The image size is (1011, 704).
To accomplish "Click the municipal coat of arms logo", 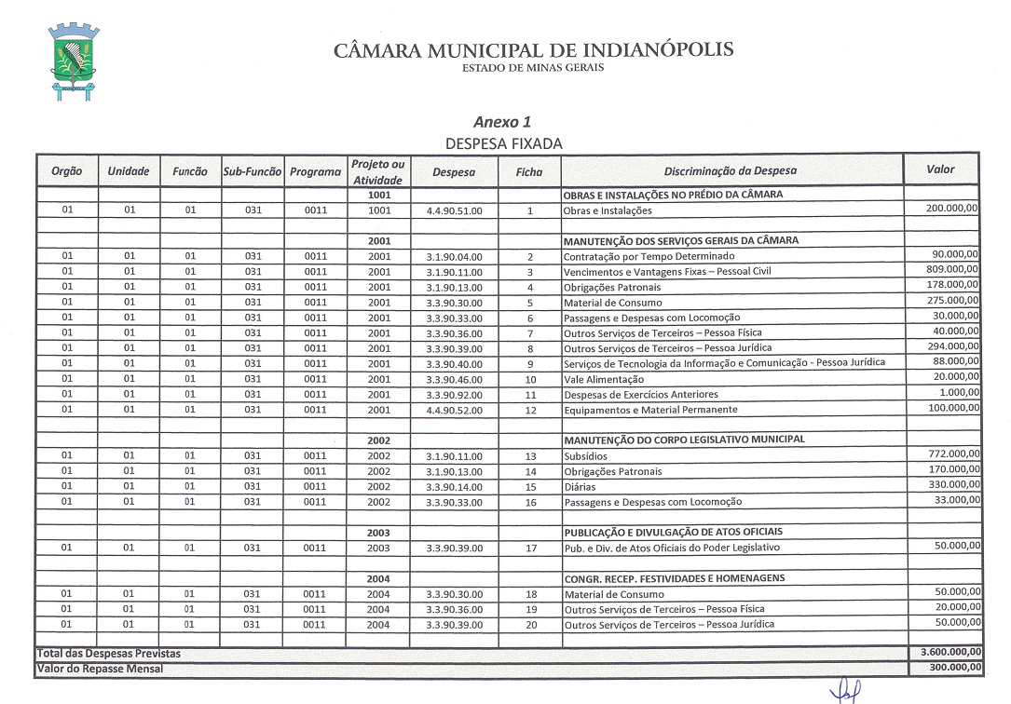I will [x=75, y=61].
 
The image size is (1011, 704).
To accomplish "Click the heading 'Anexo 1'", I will [x=502, y=122].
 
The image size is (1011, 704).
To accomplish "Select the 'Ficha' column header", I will [x=529, y=172].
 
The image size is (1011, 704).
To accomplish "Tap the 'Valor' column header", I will [x=940, y=169].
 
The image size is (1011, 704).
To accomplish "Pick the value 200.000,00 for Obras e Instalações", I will [x=951, y=209].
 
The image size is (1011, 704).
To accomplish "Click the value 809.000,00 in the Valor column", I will [x=951, y=270].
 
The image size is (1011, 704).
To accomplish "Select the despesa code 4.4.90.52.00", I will [x=454, y=410].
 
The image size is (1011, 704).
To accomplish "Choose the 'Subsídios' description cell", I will [x=585, y=456].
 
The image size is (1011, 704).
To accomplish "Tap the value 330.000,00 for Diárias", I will [x=951, y=484].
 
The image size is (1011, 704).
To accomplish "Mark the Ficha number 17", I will [x=530, y=548].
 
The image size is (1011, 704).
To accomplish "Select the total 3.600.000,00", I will [x=945, y=654].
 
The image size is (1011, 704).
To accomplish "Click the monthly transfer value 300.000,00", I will [x=950, y=668].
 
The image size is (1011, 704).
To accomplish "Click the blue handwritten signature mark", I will [x=846, y=691].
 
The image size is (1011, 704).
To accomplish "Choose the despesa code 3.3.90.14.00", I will [x=454, y=487].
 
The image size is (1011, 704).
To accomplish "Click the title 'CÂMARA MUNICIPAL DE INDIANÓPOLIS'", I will [x=533, y=50].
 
